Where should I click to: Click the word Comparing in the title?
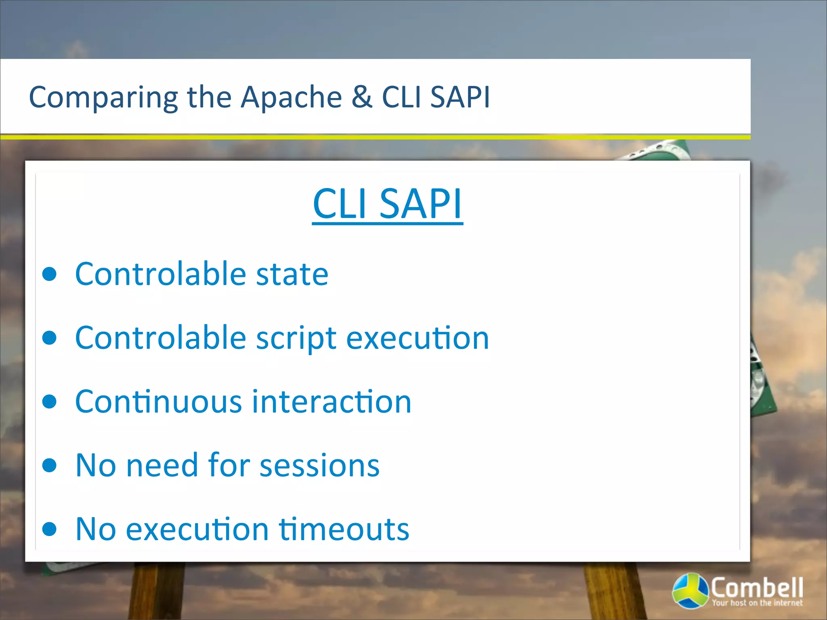point(103,98)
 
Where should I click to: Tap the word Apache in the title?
point(291,97)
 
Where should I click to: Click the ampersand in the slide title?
point(362,97)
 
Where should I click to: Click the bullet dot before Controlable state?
point(50,274)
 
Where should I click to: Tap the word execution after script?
point(418,338)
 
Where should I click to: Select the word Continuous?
point(159,402)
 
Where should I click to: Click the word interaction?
point(332,402)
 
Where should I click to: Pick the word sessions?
point(319,465)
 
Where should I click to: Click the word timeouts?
point(344,529)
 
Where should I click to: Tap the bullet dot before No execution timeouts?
point(50,529)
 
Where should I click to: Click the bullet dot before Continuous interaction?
point(50,402)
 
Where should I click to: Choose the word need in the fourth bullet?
point(162,465)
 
